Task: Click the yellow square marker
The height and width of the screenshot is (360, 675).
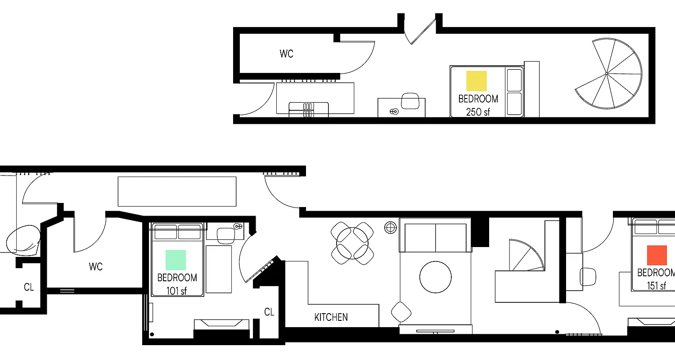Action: click(x=477, y=81)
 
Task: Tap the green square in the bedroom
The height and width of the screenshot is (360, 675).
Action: click(x=175, y=260)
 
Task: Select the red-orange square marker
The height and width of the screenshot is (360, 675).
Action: click(x=657, y=255)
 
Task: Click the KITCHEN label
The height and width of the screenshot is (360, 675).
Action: click(x=331, y=317)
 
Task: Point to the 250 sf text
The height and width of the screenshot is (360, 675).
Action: click(x=478, y=112)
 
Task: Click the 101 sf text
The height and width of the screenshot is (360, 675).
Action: click(x=176, y=291)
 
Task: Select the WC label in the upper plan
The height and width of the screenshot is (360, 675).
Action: click(x=286, y=54)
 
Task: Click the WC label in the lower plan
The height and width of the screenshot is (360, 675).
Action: click(x=96, y=267)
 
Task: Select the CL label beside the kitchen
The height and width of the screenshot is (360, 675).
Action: click(x=269, y=312)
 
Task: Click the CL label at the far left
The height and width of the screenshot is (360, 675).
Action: click(x=29, y=287)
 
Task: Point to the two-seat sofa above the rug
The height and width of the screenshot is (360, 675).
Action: click(x=435, y=237)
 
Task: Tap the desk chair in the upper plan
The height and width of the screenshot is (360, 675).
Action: click(x=410, y=101)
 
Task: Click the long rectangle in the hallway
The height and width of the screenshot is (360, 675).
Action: click(x=177, y=191)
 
